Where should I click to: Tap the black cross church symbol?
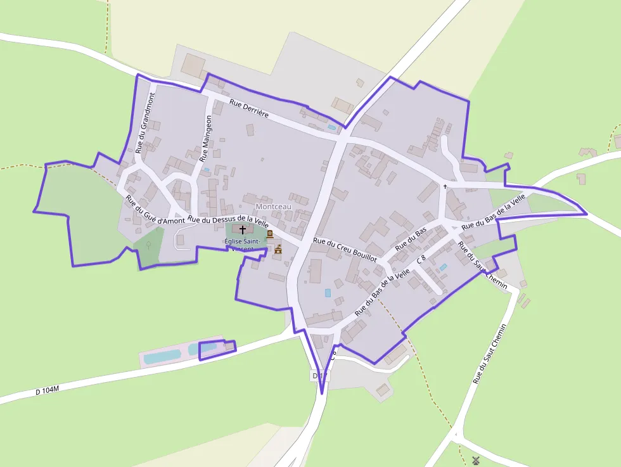point(243,229)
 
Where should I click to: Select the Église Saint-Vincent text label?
point(241,245)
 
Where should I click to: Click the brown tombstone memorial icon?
point(269,234)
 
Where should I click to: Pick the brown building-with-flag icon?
point(278,249)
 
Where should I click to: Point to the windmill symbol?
point(476,460)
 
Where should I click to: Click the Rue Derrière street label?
point(249,109)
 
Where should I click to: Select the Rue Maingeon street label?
point(206,139)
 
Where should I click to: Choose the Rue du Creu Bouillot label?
point(345,250)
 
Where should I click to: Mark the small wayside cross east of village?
point(445,186)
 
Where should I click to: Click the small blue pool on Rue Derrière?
point(332,127)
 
